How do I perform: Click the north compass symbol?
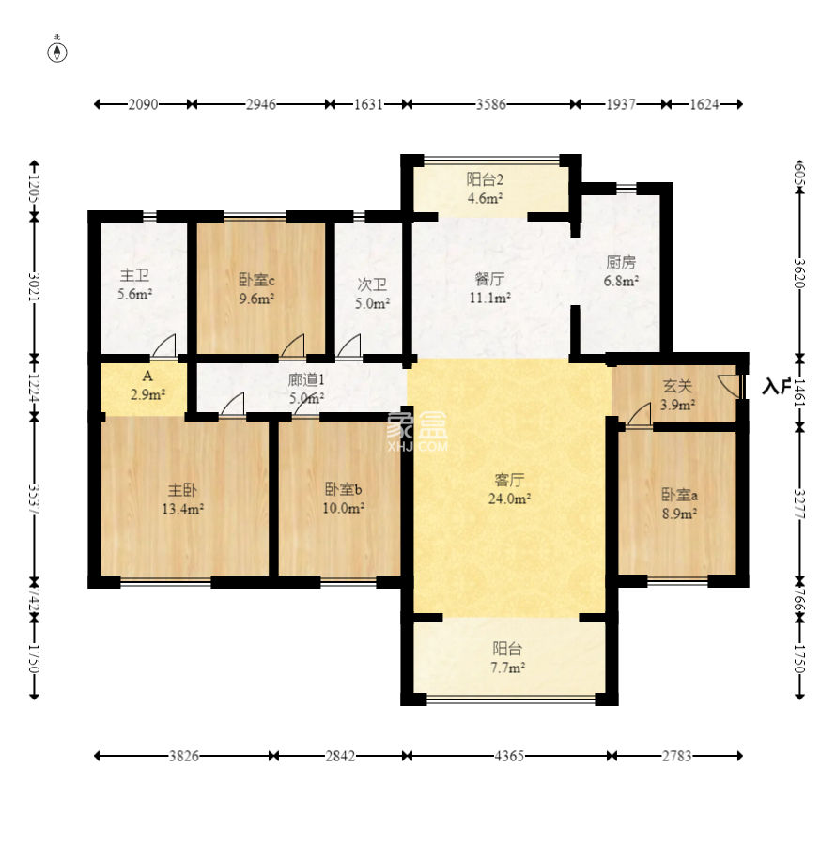coord(57,51)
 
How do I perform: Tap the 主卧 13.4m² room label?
coord(183,499)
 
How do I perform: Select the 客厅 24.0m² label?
coord(509,489)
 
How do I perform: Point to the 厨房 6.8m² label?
coord(621,271)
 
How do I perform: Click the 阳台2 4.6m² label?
coord(486,189)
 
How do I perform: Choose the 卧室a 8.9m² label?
coord(679,504)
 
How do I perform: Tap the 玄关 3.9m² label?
coord(677,395)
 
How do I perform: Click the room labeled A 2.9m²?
coord(147,386)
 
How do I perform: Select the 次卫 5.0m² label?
coord(372,294)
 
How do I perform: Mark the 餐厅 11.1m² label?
coord(489,288)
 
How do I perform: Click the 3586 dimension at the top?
coord(490,104)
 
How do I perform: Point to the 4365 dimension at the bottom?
coord(509,756)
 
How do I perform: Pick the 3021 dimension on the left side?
coord(35,286)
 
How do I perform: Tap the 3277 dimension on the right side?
coord(799,503)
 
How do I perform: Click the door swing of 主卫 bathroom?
coord(164,346)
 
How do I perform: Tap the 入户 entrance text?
coord(777,387)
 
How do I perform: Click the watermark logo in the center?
coord(418,432)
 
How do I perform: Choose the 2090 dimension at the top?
coord(144,104)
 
